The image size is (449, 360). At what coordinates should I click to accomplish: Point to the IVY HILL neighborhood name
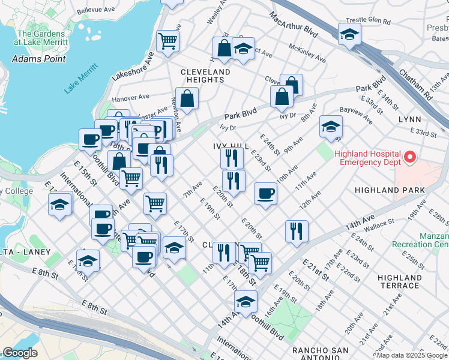coord(231,146)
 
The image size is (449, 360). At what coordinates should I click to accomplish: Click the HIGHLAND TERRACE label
coord(401,281)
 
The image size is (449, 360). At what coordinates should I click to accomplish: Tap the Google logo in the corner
coord(20,353)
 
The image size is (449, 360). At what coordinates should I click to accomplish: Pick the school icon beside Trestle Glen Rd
coord(349,35)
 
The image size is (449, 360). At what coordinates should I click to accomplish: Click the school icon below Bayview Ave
coord(331,127)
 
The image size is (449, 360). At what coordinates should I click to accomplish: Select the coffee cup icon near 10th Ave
coord(265,194)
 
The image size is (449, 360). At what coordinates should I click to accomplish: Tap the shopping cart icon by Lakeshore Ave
coord(167,41)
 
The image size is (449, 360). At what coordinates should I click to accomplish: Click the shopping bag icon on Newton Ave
coord(187,98)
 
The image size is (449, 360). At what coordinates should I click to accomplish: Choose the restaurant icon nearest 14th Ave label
coord(297,231)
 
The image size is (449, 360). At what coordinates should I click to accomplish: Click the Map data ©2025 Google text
coord(412,355)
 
